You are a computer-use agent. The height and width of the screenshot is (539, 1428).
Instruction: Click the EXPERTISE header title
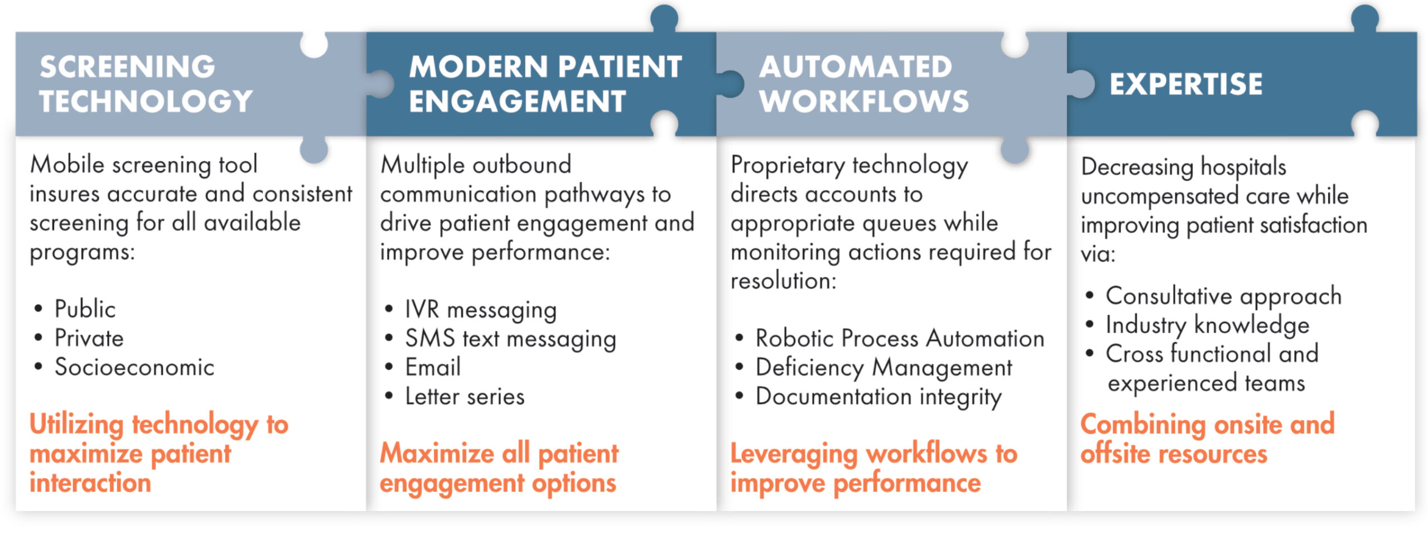pos(1186,84)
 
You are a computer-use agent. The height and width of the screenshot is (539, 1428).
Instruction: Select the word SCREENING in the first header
pos(127,66)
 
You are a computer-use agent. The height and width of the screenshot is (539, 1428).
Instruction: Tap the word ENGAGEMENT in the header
pos(517,101)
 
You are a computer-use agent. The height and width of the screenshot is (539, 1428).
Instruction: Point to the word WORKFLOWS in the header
pos(864,101)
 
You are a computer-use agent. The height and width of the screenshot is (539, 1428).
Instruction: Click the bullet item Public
pos(85,309)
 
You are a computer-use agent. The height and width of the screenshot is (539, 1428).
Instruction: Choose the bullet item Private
pos(89,338)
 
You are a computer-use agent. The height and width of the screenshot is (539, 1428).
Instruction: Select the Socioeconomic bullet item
pos(134,367)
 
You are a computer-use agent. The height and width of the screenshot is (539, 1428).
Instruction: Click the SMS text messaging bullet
pos(510,339)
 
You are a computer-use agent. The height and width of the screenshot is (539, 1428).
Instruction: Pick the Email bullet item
pos(433,367)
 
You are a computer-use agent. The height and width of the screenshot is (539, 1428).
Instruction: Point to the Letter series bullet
pos(465,396)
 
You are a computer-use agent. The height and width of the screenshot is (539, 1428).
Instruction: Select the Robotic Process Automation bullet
pos(900,338)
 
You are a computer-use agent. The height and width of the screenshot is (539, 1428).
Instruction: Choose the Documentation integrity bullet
pos(879,397)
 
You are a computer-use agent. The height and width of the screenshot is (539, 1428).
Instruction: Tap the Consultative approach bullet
pos(1224,296)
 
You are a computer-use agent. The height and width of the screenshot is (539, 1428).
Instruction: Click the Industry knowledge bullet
pos(1208,325)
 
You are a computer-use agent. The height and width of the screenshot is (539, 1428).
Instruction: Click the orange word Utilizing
pos(76,425)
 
